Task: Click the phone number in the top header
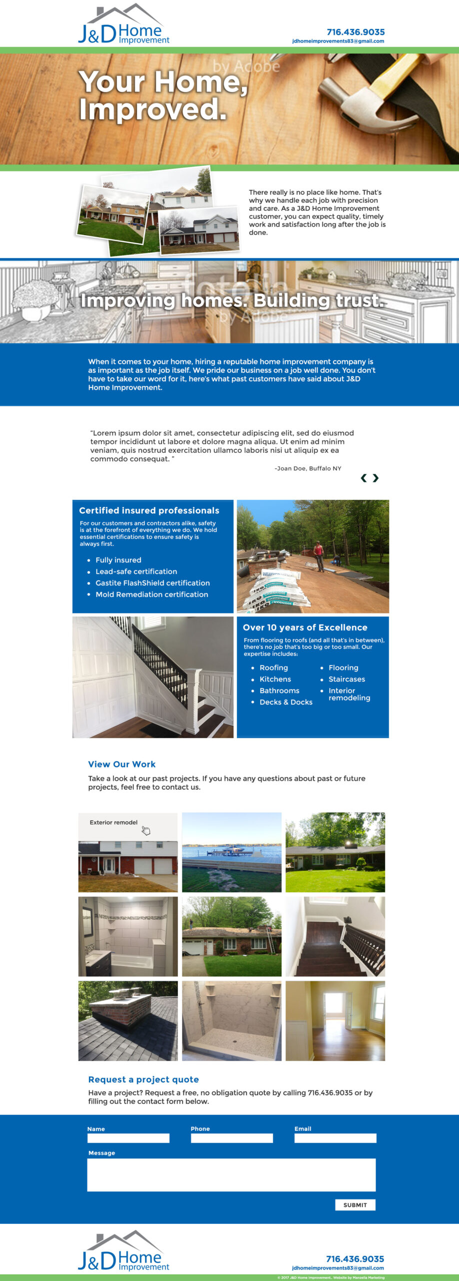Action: point(355,32)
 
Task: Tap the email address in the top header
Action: point(338,42)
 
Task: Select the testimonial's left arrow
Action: point(364,478)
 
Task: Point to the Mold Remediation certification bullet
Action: point(151,594)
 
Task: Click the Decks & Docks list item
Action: point(285,702)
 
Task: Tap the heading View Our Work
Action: point(121,764)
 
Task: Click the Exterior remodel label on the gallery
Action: point(113,822)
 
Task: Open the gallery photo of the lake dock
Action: point(231,852)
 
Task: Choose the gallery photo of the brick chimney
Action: point(128,1020)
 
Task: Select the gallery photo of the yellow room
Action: point(335,1020)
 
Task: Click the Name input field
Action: point(128,1138)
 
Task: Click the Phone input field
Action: point(231,1138)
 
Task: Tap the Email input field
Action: point(335,1138)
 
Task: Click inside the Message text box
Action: point(231,1174)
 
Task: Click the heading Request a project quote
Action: point(143,1079)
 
